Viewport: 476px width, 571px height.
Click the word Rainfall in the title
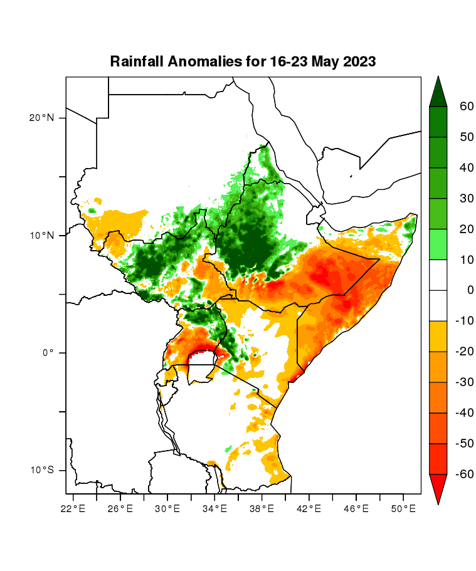pos(136,61)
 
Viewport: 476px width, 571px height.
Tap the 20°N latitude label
pos(41,118)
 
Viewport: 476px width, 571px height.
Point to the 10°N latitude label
pos(41,236)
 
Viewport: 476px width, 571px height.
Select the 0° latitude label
pos(50,353)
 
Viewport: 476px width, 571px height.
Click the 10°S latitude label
pos(41,470)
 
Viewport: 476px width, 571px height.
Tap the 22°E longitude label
pos(73,508)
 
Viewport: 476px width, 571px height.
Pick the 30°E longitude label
pos(167,508)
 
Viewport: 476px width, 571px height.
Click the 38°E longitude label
pos(262,508)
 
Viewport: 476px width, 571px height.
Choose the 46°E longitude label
pos(356,508)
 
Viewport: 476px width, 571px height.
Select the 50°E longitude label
pos(403,508)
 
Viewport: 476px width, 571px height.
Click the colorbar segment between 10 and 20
pos(438,244)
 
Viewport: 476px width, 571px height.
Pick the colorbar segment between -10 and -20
pos(438,337)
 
